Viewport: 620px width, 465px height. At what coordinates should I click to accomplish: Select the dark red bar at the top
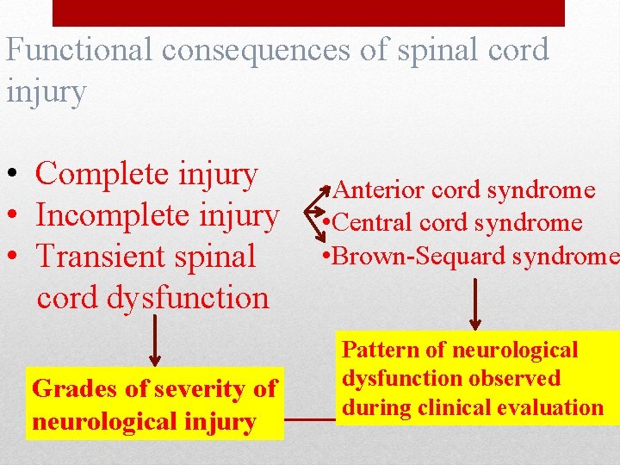pos(308,12)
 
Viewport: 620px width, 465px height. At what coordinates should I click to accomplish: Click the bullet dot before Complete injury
pos(15,177)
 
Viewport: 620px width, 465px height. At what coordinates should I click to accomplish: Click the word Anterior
pos(379,189)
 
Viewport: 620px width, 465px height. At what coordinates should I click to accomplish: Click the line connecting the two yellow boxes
pos(310,420)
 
